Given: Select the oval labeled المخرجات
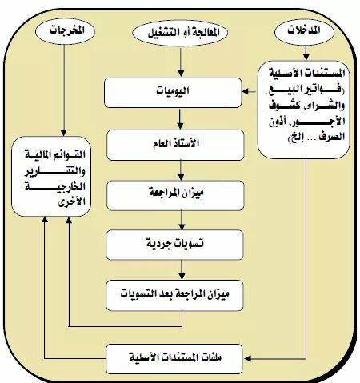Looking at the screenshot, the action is [x=65, y=31].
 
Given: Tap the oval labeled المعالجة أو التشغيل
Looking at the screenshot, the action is [x=180, y=33].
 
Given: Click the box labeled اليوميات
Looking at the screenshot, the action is [x=173, y=93].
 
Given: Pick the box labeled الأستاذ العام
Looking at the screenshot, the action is [x=175, y=145].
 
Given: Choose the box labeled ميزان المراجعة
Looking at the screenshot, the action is [x=175, y=195].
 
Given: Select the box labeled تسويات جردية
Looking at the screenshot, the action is [x=174, y=245].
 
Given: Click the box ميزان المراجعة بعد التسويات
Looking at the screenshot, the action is [x=174, y=295].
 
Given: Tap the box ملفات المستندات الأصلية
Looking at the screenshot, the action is [x=174, y=359].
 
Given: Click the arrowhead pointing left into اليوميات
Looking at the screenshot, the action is [x=246, y=91].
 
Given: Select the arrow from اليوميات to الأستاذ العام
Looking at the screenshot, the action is [x=180, y=119].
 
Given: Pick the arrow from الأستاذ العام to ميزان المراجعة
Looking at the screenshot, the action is [x=181, y=170].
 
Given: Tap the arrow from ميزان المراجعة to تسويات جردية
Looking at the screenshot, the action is [x=182, y=221].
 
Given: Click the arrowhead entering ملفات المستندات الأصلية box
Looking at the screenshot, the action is [x=247, y=358].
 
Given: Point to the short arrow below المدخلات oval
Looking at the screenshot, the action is [x=306, y=53].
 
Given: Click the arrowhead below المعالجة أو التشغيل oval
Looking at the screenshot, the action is [x=181, y=74].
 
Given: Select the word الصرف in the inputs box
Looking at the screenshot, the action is [x=334, y=137].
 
